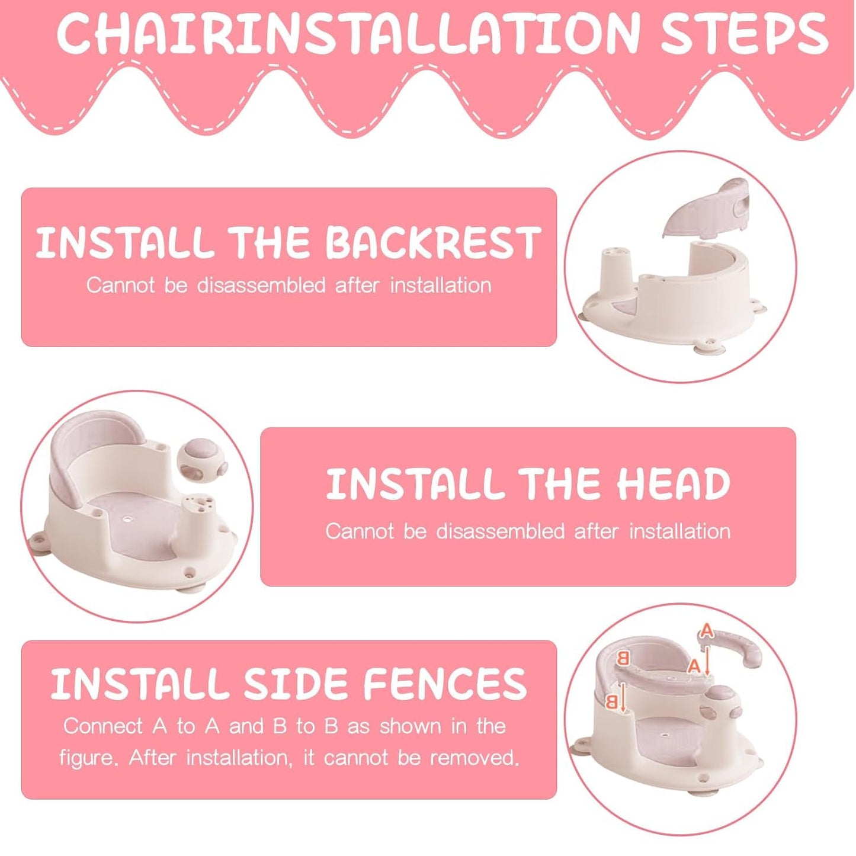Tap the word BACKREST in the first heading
(434, 243)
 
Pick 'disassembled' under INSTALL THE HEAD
(500, 531)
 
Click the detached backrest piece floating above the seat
(708, 209)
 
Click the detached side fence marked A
(729, 643)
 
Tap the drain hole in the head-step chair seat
(129, 518)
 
